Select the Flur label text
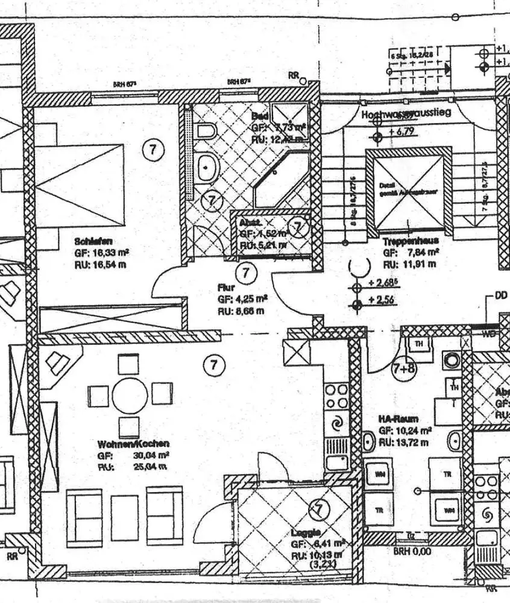[x=226, y=288]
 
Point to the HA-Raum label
[x=398, y=418]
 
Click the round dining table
[x=130, y=396]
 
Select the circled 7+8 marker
[x=404, y=368]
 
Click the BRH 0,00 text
[x=412, y=551]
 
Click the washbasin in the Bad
[x=207, y=165]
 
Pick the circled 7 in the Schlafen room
[x=153, y=150]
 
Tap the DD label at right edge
[x=500, y=295]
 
